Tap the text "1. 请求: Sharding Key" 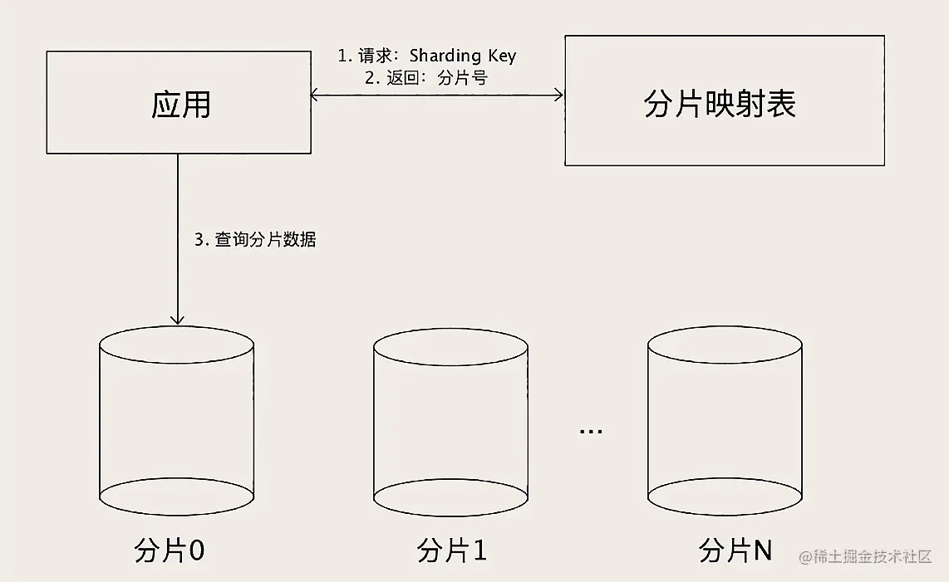point(426,56)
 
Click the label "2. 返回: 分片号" point(425,78)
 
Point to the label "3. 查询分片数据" point(255,240)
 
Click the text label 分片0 point(170,550)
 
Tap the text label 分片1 point(452,550)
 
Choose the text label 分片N point(735,550)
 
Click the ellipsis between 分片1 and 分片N point(591,431)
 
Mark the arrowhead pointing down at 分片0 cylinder point(177,319)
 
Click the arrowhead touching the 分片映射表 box point(558,95)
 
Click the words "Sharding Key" point(462,56)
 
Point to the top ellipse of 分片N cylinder point(725,345)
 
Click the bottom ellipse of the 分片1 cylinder point(450,497)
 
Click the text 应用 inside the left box point(181,105)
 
